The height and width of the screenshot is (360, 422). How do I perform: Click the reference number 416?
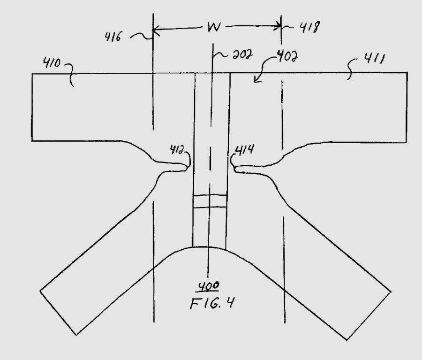[x=113, y=37]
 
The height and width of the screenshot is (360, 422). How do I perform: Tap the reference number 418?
[x=310, y=27]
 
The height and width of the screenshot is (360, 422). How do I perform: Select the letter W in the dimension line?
[x=214, y=27]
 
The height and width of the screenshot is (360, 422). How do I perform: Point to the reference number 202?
[x=243, y=55]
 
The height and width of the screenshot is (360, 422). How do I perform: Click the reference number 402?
[x=287, y=56]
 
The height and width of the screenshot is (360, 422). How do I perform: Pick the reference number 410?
[x=52, y=63]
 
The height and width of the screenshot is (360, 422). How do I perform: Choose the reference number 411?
[x=374, y=59]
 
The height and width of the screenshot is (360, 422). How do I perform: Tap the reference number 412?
[x=177, y=150]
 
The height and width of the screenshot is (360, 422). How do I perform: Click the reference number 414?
[x=245, y=150]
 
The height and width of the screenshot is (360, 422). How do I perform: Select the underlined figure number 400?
[x=209, y=286]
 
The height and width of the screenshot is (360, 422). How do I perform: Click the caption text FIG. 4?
[x=212, y=303]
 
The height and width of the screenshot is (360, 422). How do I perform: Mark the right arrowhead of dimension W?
[x=278, y=26]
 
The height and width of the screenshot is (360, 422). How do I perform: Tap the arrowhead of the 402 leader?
[x=255, y=80]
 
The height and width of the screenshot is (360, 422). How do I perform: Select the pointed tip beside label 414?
[x=234, y=169]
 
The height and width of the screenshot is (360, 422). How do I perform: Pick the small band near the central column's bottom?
[x=210, y=201]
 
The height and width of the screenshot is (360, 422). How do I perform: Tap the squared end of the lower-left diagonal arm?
[x=58, y=313]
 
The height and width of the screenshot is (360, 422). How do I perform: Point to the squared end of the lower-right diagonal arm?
[x=369, y=316]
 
